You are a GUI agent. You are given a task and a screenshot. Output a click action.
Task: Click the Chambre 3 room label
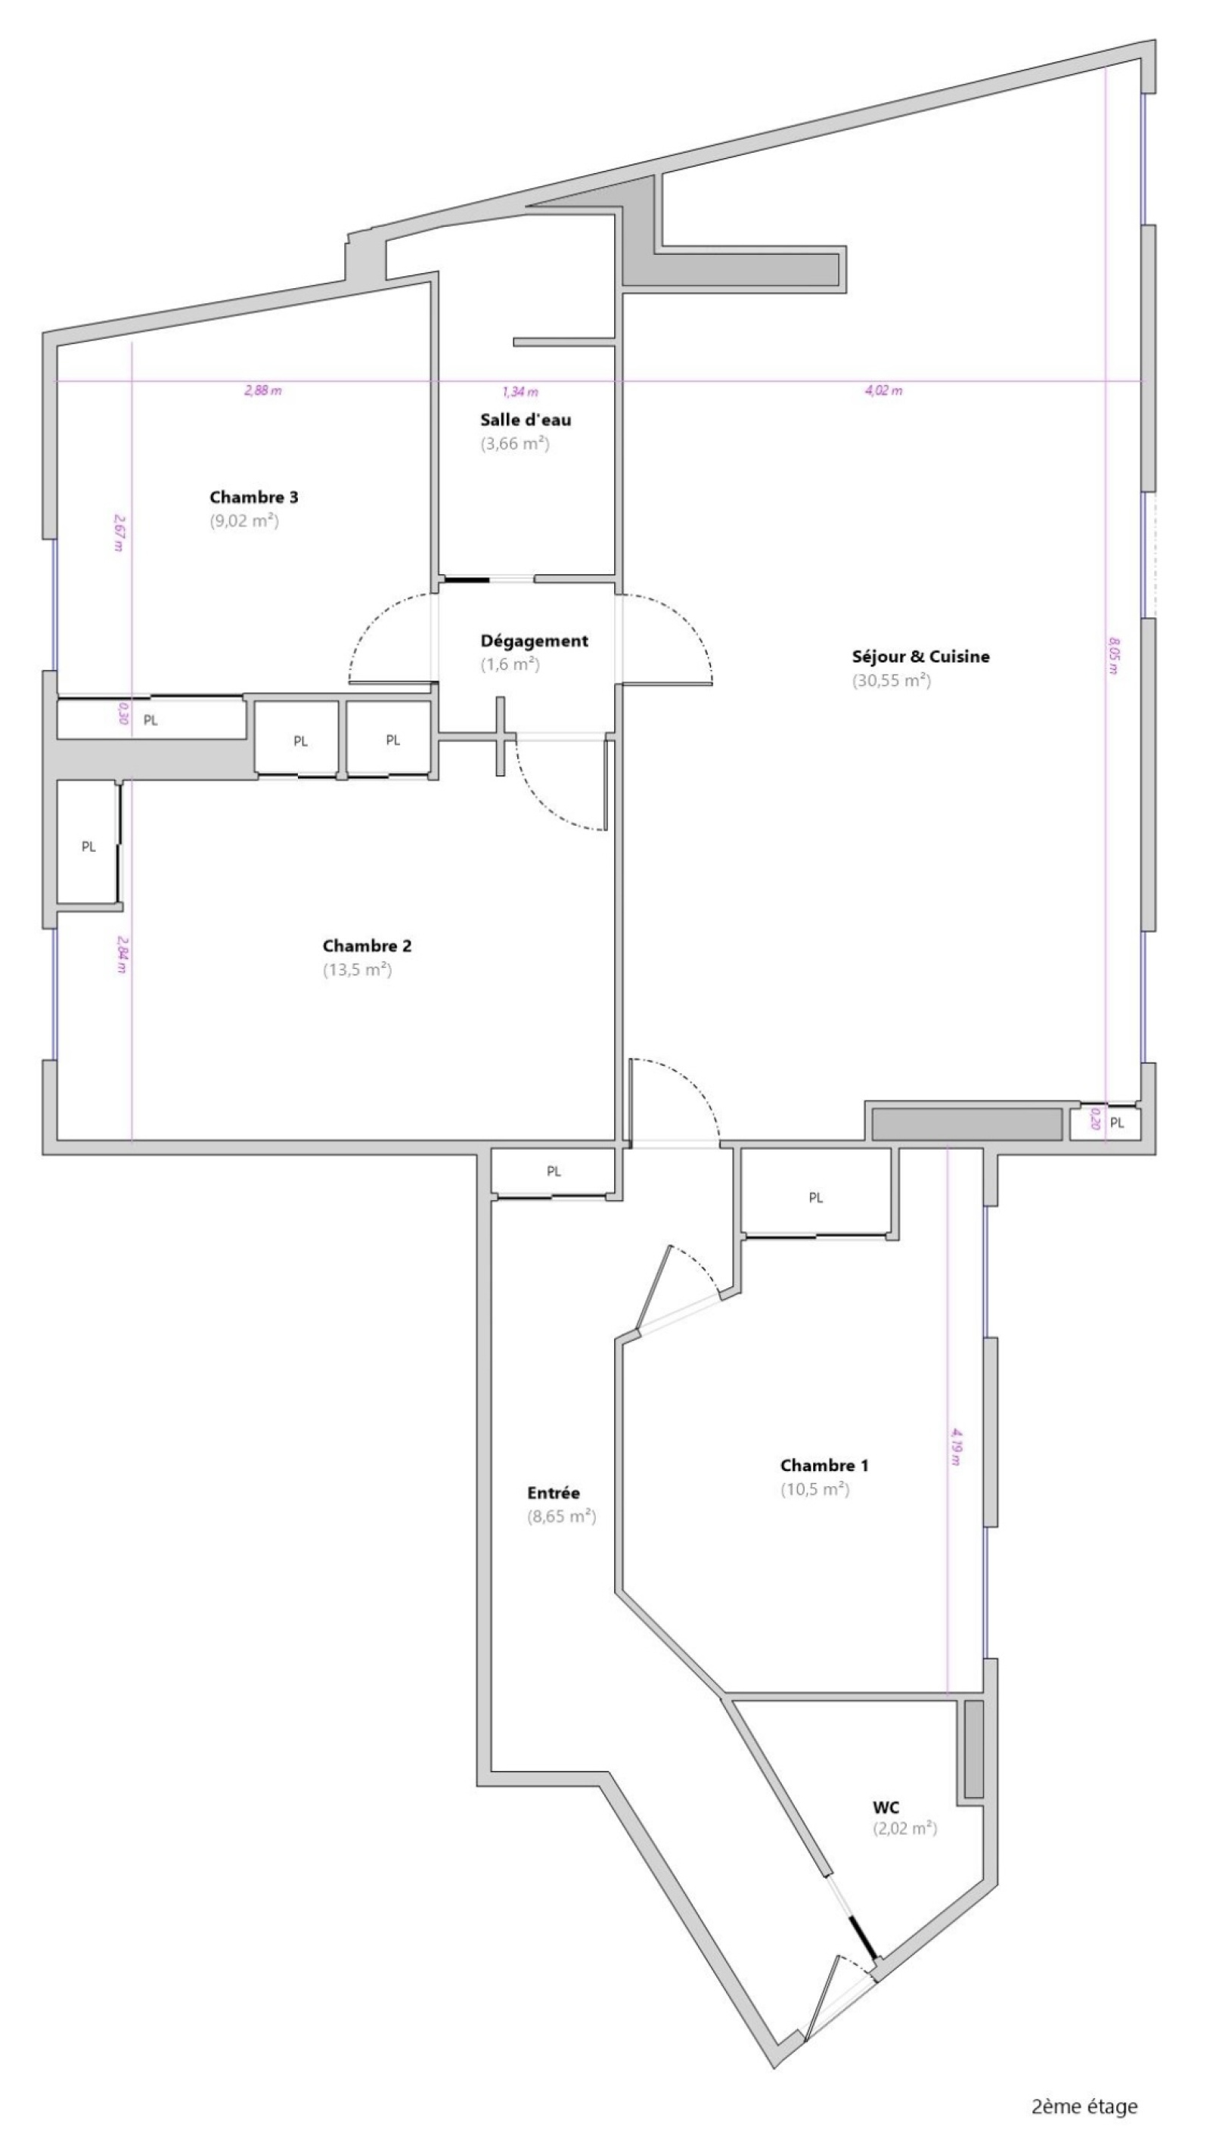click(x=253, y=498)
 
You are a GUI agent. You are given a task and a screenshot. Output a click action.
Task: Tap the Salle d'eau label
click(x=525, y=420)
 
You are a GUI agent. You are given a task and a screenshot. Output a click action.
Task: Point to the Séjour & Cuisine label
click(x=920, y=656)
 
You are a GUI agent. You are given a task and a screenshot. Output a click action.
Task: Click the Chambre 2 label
click(x=366, y=947)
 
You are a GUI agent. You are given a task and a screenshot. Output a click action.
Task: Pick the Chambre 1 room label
click(x=824, y=1466)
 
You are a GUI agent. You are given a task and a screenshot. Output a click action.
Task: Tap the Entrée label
click(x=553, y=1492)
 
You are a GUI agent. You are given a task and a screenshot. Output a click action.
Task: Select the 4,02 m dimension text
click(x=883, y=390)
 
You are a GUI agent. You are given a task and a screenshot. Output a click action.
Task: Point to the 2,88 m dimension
click(x=262, y=390)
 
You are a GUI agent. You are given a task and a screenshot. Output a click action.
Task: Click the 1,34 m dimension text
click(x=520, y=391)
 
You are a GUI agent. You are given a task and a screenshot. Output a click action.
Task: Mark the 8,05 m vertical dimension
click(x=1113, y=656)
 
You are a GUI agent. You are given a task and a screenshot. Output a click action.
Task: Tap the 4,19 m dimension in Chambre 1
click(x=955, y=1447)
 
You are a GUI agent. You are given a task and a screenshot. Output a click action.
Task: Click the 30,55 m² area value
click(x=892, y=680)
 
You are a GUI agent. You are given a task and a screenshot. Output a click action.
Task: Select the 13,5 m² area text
click(x=357, y=970)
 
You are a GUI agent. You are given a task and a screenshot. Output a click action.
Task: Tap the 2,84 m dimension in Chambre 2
click(x=122, y=954)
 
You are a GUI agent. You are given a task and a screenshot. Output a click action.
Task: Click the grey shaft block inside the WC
click(x=973, y=1749)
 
